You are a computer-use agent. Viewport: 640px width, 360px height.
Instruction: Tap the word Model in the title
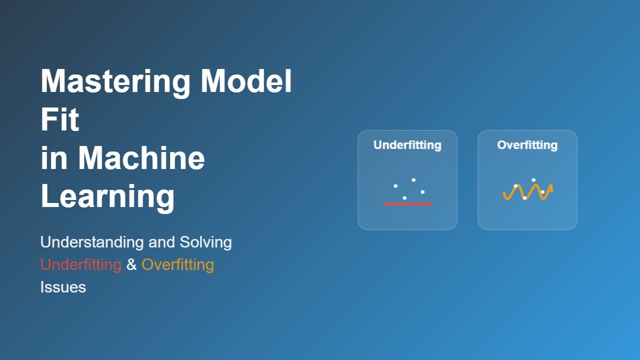246,81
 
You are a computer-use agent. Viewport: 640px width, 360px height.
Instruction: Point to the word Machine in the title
141,157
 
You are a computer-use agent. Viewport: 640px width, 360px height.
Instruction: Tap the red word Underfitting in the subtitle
81,264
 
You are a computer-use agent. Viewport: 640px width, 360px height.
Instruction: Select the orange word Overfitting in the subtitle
177,264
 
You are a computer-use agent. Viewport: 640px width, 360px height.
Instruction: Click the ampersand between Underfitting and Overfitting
131,264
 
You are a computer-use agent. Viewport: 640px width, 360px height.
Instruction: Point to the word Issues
63,287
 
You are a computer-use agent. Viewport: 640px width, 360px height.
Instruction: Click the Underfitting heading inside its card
407,145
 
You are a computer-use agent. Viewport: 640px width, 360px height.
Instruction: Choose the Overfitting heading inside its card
527,145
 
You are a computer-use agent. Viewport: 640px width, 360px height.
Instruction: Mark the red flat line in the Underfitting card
407,204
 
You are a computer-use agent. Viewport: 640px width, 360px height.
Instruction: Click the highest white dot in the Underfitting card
413,180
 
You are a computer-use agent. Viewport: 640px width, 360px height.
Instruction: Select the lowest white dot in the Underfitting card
404,198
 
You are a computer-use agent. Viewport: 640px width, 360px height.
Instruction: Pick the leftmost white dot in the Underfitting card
395,186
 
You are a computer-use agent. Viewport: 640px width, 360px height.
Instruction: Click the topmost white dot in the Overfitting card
533,180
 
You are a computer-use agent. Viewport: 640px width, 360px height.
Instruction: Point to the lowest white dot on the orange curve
524,198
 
